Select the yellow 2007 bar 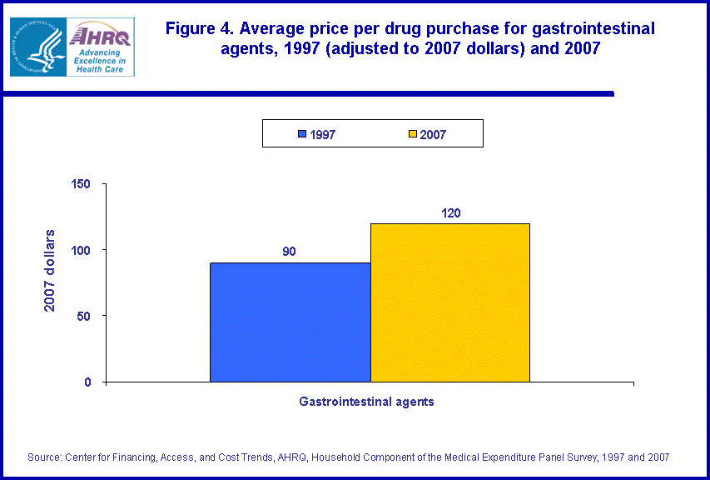pyautogui.click(x=449, y=302)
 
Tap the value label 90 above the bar pyautogui.click(x=290, y=252)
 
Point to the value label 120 pyautogui.click(x=449, y=212)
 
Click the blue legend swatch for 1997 pyautogui.click(x=302, y=134)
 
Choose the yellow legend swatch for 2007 pyautogui.click(x=413, y=134)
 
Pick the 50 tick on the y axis pyautogui.click(x=90, y=316)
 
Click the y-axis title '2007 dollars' pyautogui.click(x=51, y=270)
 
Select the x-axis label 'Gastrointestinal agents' pyautogui.click(x=366, y=402)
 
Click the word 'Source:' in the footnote pyautogui.click(x=46, y=457)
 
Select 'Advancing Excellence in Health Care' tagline pyautogui.click(x=99, y=61)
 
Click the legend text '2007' pyautogui.click(x=433, y=134)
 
